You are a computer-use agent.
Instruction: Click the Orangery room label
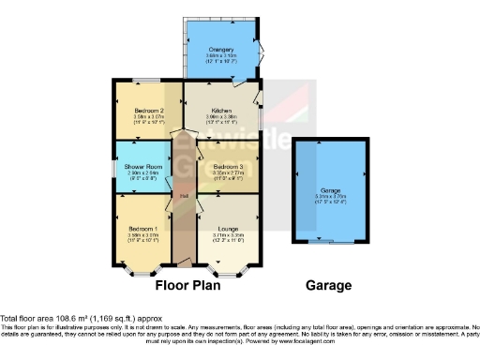(220, 50)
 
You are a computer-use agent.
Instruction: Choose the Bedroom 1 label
(142, 228)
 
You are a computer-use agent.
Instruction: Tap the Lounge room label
(226, 228)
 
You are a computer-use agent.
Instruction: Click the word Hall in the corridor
(185, 195)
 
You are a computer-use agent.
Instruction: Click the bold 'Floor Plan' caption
(187, 285)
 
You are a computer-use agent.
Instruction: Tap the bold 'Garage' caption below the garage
(327, 285)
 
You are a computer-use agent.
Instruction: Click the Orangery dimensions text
(220, 56)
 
